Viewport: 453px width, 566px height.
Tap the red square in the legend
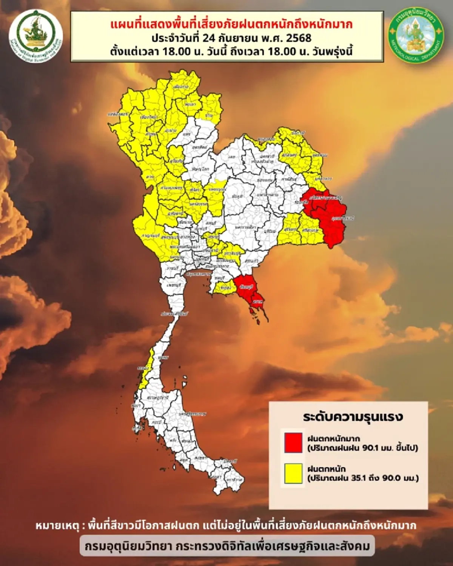293,443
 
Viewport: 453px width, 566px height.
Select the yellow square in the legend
293,473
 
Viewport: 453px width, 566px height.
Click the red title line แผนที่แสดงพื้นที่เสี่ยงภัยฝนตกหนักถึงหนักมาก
231,25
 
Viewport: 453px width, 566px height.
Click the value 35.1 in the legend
353,478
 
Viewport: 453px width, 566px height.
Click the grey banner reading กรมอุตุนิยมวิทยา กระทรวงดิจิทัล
227,546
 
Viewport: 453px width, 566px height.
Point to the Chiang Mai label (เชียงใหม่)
148,117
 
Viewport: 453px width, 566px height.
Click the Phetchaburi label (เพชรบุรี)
174,285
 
